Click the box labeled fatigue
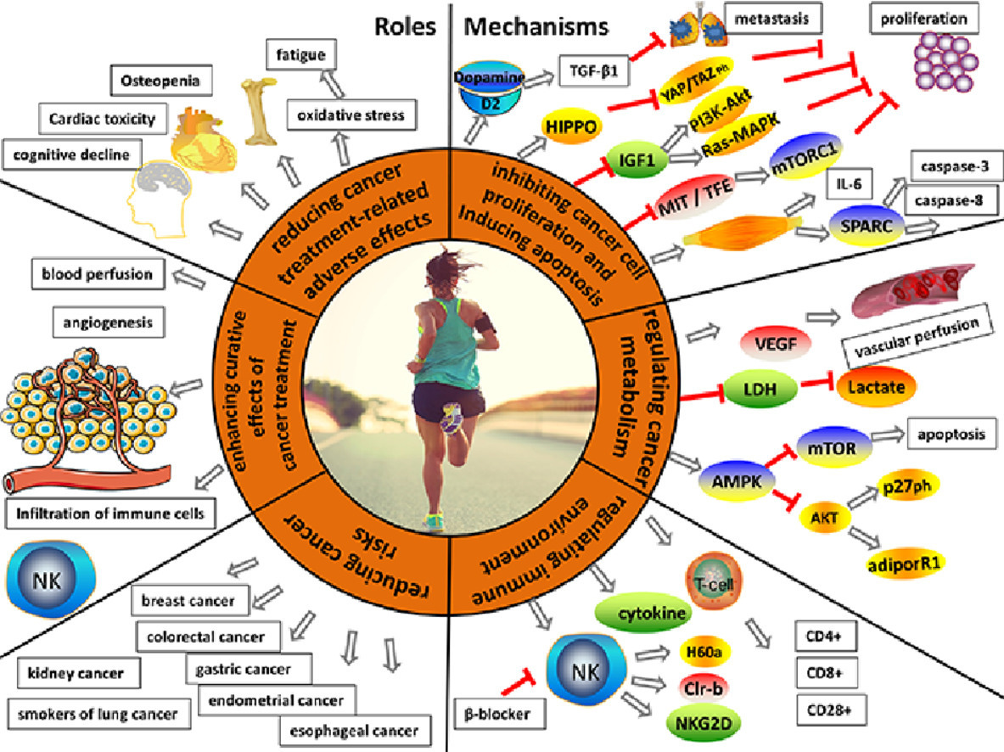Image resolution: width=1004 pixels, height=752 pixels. pyautogui.click(x=301, y=54)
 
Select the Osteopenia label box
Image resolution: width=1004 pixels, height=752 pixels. pyautogui.click(x=160, y=81)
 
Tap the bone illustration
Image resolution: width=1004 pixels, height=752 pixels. pyautogui.click(x=261, y=110)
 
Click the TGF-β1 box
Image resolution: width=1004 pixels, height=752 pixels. pyautogui.click(x=593, y=70)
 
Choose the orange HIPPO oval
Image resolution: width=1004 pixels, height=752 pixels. pyautogui.click(x=570, y=126)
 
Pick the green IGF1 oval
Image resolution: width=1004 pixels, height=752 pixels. pyautogui.click(x=636, y=159)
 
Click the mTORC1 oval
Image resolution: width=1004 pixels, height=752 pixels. pyautogui.click(x=805, y=157)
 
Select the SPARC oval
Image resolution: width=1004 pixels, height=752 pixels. pyautogui.click(x=867, y=226)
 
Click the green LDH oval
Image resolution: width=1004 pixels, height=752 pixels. pyautogui.click(x=760, y=389)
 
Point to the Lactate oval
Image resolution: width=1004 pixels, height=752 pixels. pyautogui.click(x=876, y=387)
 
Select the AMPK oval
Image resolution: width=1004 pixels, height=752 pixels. pyautogui.click(x=737, y=480)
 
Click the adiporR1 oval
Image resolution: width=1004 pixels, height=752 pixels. pyautogui.click(x=904, y=564)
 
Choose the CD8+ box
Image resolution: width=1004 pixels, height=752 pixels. pyautogui.click(x=825, y=672)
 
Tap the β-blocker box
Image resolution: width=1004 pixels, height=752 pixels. pyautogui.click(x=497, y=713)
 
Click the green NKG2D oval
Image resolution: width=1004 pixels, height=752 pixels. pyautogui.click(x=703, y=724)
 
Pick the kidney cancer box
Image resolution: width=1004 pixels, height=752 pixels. pyautogui.click(x=76, y=673)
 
